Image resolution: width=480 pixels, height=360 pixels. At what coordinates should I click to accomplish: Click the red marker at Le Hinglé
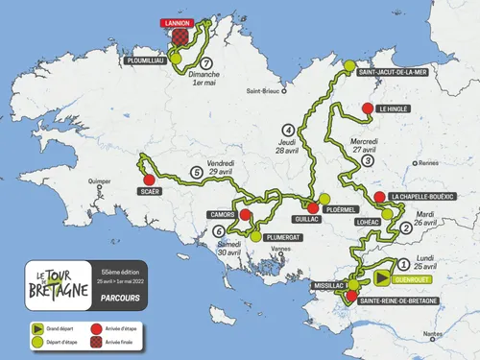(x=367, y=109)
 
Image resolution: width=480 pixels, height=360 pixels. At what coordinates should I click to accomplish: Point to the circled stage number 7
(x=206, y=66)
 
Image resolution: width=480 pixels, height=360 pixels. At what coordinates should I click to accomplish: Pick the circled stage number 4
(x=288, y=130)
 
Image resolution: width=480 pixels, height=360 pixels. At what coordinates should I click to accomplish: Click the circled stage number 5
(x=197, y=173)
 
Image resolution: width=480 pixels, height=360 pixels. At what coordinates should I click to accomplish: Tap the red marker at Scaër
(x=148, y=179)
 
